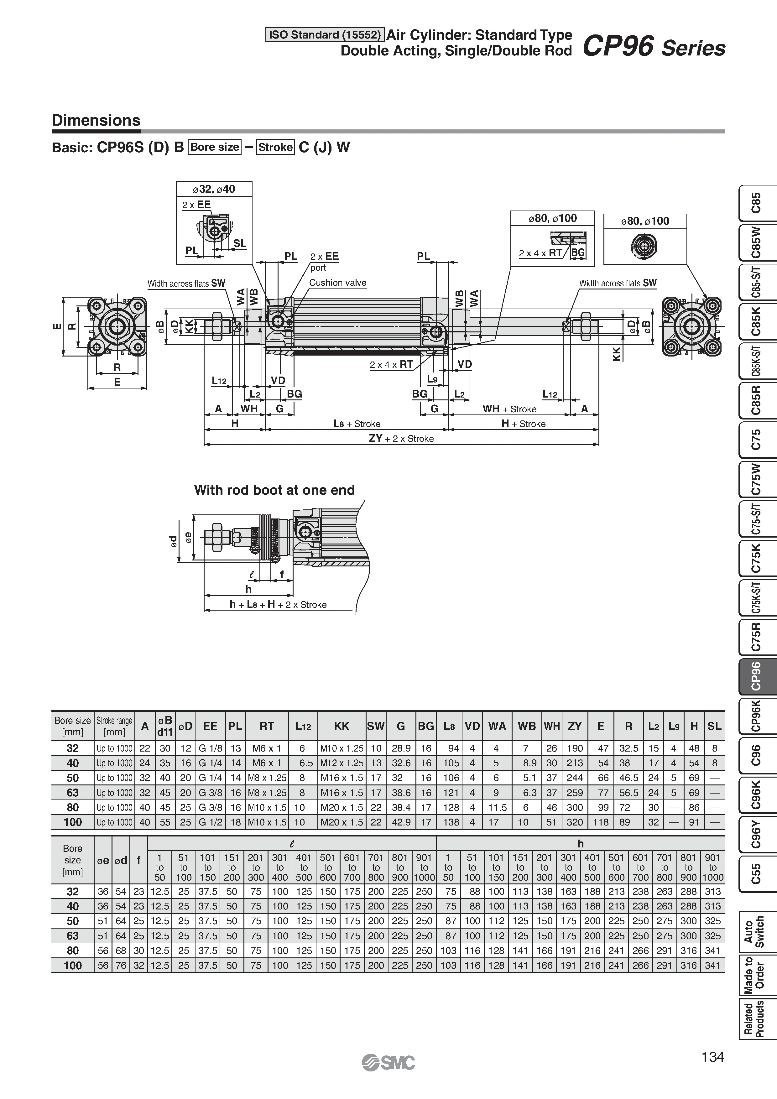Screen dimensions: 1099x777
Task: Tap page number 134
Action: pyautogui.click(x=712, y=1057)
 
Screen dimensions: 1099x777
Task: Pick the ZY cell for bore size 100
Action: pyautogui.click(x=575, y=822)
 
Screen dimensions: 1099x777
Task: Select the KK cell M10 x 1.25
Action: pyautogui.click(x=341, y=748)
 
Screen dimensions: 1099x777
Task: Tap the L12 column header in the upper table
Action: pyautogui.click(x=303, y=726)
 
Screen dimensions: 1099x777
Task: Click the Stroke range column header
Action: pyautogui.click(x=114, y=726)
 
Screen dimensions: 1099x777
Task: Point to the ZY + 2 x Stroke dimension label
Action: pyautogui.click(x=401, y=439)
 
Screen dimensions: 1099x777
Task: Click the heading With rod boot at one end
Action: pyautogui.click(x=274, y=490)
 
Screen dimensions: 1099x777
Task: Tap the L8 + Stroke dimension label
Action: pyautogui.click(x=357, y=424)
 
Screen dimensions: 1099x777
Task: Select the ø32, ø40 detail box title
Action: pyautogui.click(x=214, y=189)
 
